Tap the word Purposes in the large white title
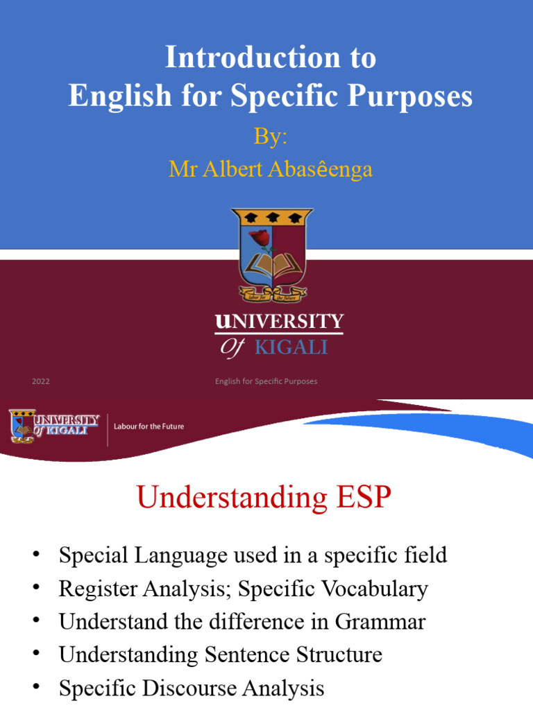[x=415, y=96]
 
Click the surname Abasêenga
[x=319, y=169]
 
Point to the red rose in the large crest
[x=260, y=239]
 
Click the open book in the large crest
[x=273, y=266]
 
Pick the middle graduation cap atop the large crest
[x=272, y=216]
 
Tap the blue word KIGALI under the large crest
[x=291, y=347]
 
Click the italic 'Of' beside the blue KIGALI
[x=232, y=347]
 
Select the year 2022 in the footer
[x=41, y=381]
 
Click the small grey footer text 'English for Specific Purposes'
[x=266, y=381]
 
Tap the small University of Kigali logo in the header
[x=54, y=426]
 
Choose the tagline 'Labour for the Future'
[x=149, y=426]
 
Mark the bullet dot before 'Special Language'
[x=35, y=554]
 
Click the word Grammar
[x=380, y=621]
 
